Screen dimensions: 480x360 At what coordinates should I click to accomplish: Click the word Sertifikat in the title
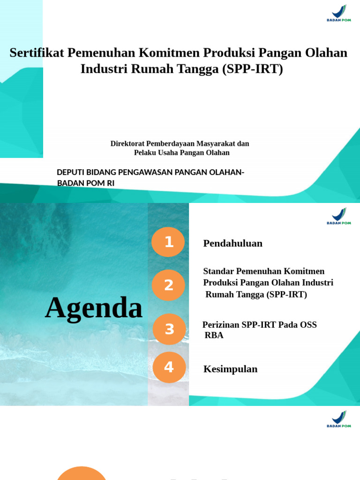click(37, 52)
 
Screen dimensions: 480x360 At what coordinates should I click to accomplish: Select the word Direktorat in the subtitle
click(127, 143)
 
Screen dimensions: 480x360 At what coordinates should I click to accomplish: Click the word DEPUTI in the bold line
click(72, 172)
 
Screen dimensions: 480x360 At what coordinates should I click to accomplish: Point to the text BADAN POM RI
click(85, 183)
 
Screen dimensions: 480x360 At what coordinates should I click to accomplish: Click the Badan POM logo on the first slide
click(338, 13)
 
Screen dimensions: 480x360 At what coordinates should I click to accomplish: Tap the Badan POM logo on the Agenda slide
click(338, 216)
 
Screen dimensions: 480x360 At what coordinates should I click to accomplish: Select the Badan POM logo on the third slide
click(338, 419)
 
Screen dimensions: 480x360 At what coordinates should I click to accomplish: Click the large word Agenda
click(94, 308)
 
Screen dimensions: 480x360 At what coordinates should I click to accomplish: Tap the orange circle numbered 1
click(168, 242)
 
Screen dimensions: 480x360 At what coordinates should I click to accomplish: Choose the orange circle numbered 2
click(168, 285)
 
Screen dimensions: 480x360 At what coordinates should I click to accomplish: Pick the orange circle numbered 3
click(169, 329)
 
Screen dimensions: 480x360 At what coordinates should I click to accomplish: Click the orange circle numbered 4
click(169, 367)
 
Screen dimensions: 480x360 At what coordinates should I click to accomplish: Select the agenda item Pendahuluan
click(232, 243)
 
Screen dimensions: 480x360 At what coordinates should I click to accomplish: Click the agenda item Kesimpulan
click(230, 369)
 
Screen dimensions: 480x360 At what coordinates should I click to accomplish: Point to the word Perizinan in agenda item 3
click(221, 325)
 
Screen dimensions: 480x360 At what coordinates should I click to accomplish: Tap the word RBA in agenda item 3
click(214, 336)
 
